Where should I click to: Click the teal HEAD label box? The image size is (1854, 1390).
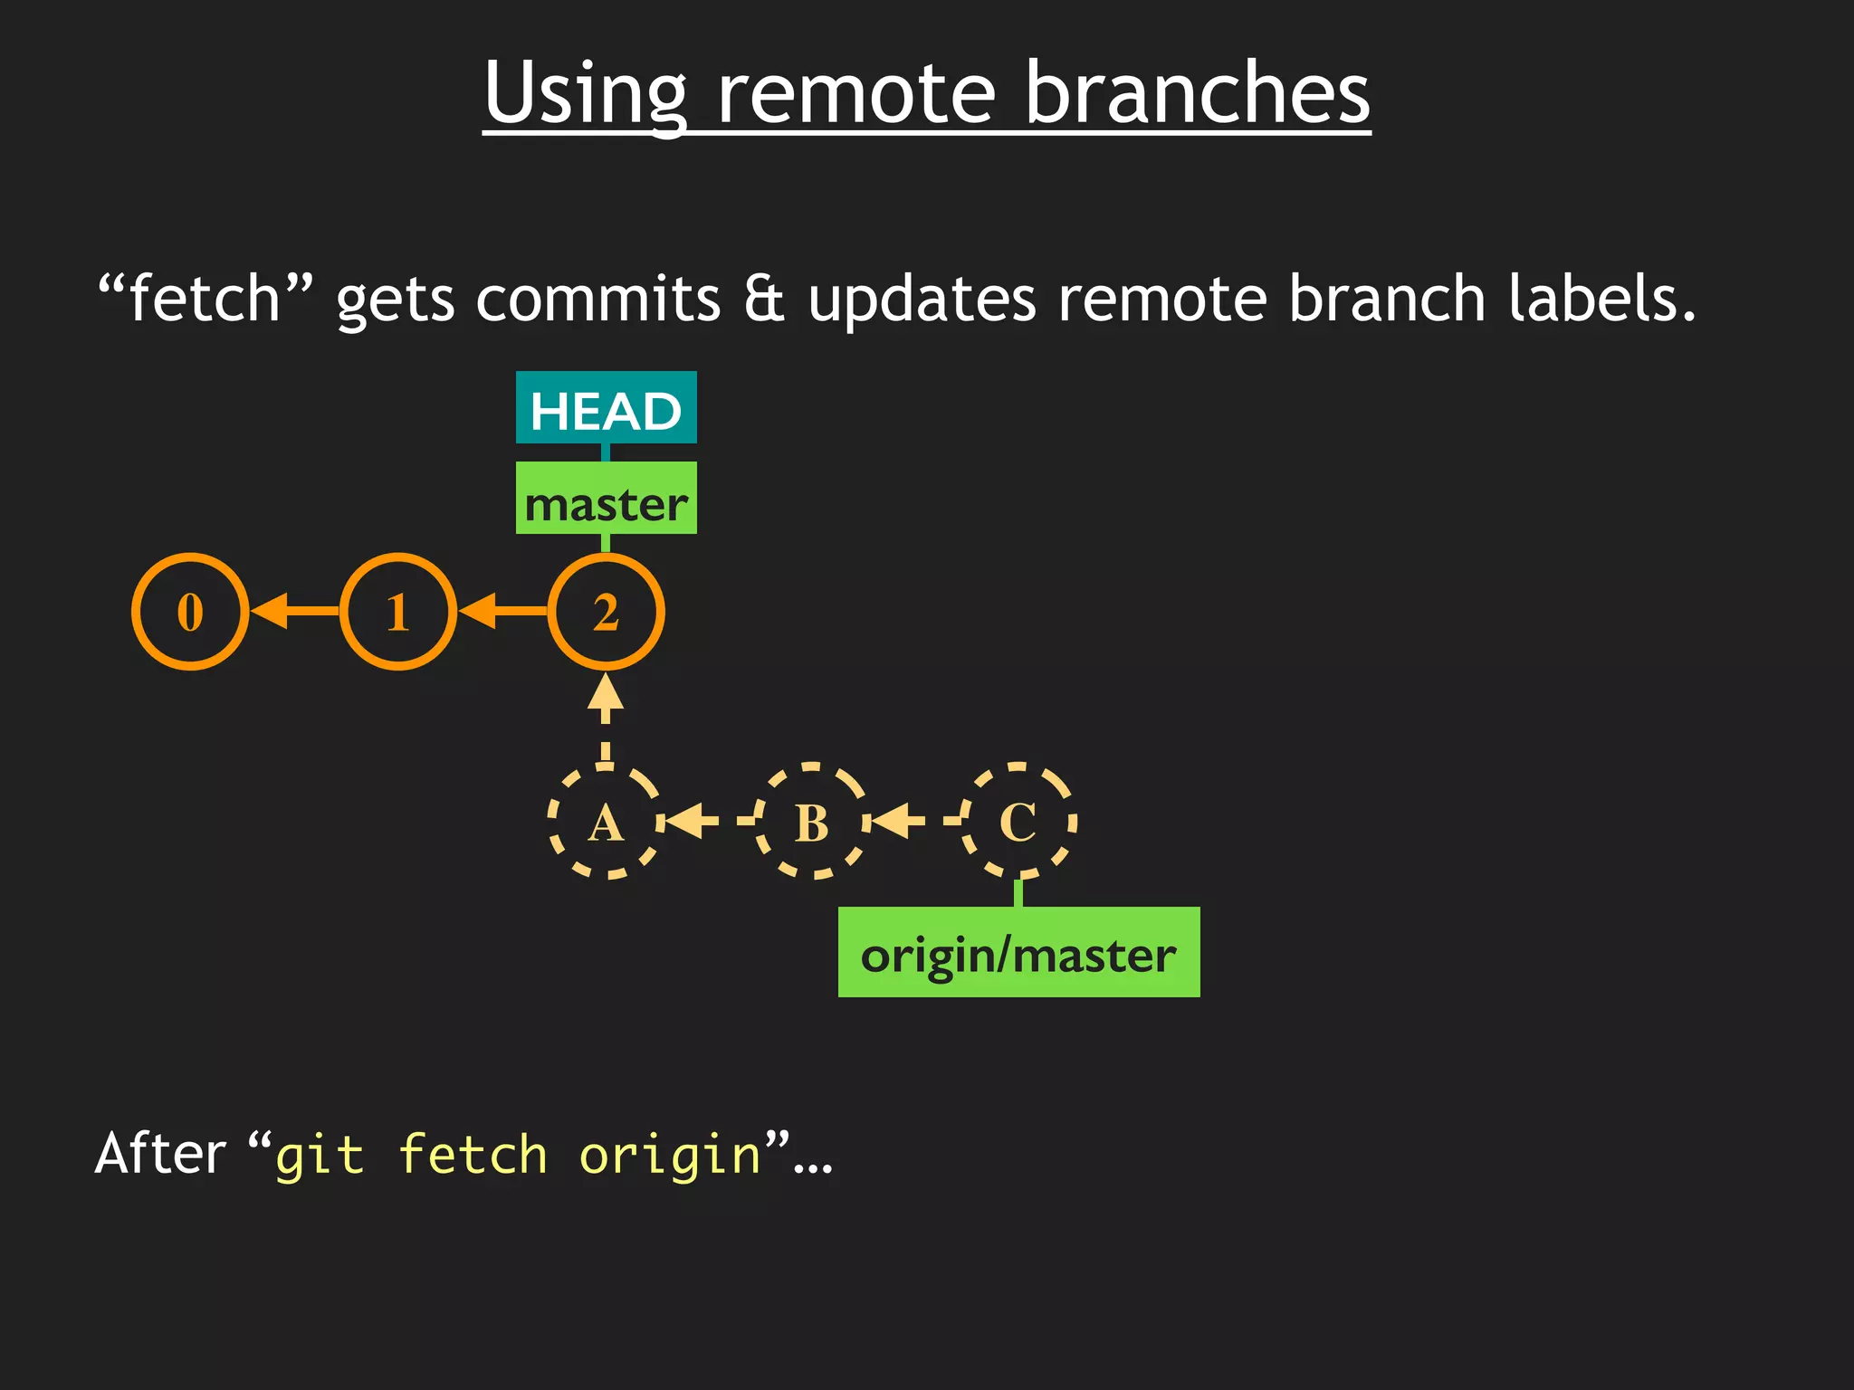coord(606,408)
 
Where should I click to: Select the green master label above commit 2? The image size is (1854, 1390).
coord(606,499)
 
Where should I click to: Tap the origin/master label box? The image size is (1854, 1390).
coord(1018,952)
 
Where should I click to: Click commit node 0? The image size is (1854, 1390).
coord(190,612)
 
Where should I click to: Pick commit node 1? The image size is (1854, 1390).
coord(398,612)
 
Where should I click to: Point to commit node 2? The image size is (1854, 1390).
coord(606,612)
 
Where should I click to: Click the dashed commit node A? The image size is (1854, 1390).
coord(605,822)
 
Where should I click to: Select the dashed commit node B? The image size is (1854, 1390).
coord(812,822)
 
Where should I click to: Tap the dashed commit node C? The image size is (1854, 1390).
coord(1018,822)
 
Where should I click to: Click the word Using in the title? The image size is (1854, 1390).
coord(585,94)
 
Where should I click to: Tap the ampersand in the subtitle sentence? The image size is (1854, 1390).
coord(764,300)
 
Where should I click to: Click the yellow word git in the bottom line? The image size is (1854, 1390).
coord(319,1156)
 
